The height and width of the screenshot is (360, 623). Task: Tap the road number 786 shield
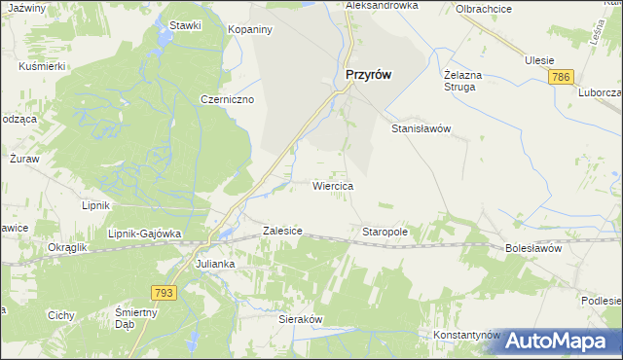560,77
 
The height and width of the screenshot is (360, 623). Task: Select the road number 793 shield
165,292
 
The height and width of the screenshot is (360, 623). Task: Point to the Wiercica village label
332,185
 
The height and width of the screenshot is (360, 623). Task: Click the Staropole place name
385,233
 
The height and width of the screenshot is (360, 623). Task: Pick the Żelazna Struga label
459,80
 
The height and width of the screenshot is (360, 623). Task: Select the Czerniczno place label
227,99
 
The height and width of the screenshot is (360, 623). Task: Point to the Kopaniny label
249,30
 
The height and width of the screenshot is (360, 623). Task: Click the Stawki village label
184,25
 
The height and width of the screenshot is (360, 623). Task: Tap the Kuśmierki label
42,65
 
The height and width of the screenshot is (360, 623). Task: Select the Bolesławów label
534,249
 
